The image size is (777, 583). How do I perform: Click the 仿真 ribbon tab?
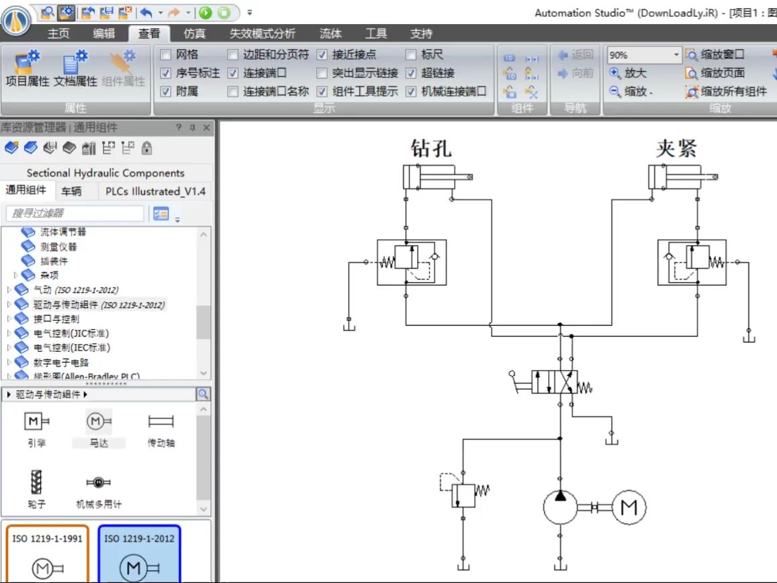tap(194, 34)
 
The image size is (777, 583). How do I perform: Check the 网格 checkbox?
tap(166, 55)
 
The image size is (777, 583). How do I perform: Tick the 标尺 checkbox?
tap(411, 55)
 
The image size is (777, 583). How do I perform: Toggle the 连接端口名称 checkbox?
tap(232, 91)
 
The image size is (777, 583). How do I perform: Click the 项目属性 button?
tap(28, 70)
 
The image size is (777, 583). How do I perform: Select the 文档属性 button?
tap(76, 70)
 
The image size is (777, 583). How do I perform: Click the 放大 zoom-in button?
tap(628, 73)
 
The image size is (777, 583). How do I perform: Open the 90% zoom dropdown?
tap(676, 55)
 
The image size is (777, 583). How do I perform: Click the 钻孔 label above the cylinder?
tap(431, 148)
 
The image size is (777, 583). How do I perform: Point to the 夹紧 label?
tap(676, 148)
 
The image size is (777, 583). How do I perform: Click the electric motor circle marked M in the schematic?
tap(629, 508)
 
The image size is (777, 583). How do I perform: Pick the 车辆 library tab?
tap(71, 191)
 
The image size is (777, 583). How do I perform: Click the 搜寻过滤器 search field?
tap(75, 214)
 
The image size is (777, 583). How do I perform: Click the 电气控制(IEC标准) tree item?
tap(72, 348)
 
